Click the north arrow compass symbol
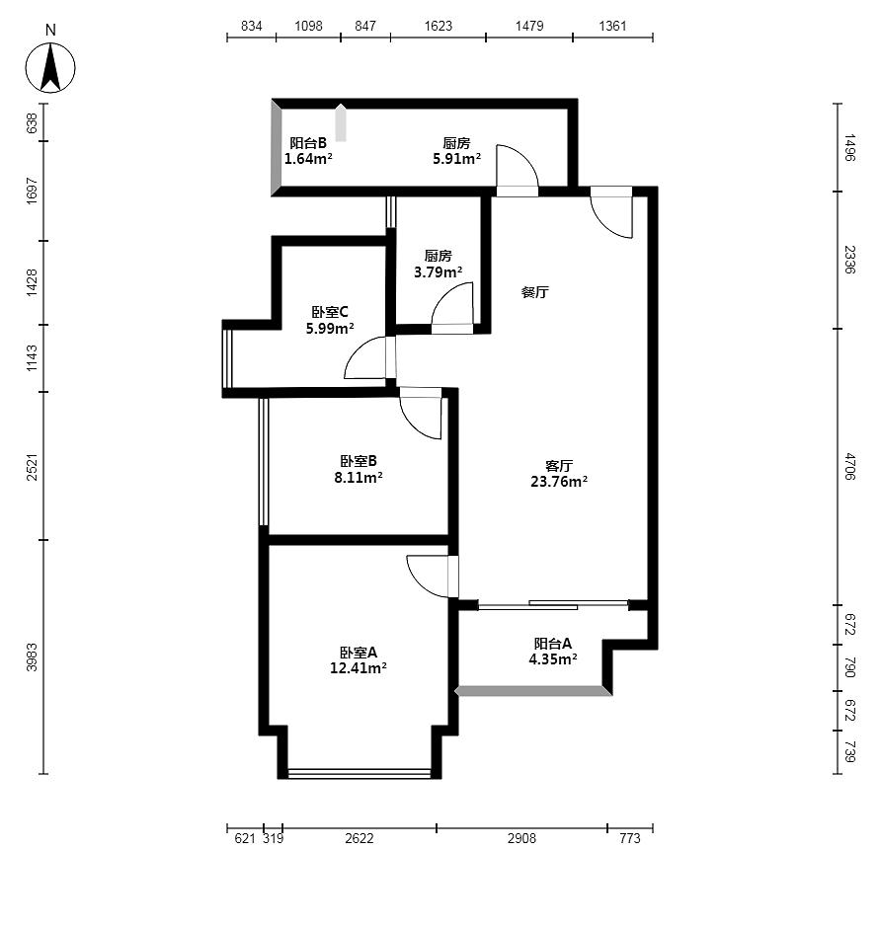pyautogui.click(x=50, y=67)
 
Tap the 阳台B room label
pyautogui.click(x=308, y=143)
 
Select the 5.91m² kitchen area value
pyautogui.click(x=456, y=159)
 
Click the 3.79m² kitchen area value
pyautogui.click(x=439, y=272)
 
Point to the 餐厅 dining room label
pyautogui.click(x=534, y=292)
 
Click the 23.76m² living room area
pyautogui.click(x=559, y=482)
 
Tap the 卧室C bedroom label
pyautogui.click(x=330, y=312)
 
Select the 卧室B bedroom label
pyautogui.click(x=359, y=461)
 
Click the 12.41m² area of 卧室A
pyautogui.click(x=359, y=668)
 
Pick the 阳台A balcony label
pyautogui.click(x=553, y=644)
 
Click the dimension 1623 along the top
pyautogui.click(x=439, y=26)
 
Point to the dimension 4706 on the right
pyautogui.click(x=849, y=466)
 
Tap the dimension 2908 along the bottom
pyautogui.click(x=521, y=838)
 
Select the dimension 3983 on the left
pyautogui.click(x=32, y=657)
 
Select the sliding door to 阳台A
pyautogui.click(x=553, y=605)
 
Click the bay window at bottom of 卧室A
pyautogui.click(x=359, y=773)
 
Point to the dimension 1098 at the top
pyautogui.click(x=309, y=26)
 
